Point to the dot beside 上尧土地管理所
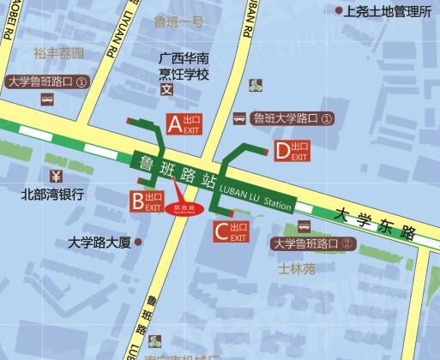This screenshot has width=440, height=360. [x=335, y=11]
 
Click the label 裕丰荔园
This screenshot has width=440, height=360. [x=59, y=53]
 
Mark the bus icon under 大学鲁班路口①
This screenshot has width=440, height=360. [x=47, y=99]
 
